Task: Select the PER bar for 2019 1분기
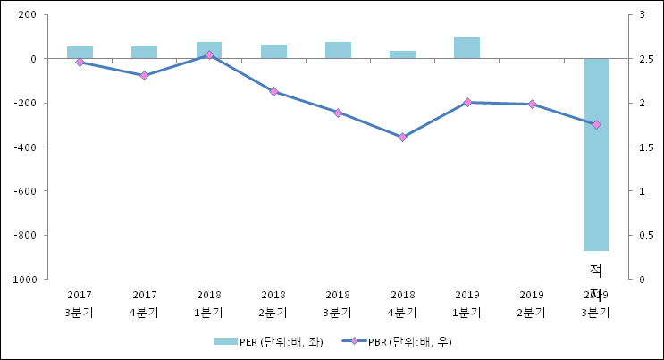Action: pyautogui.click(x=466, y=47)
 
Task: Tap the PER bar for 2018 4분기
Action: pyautogui.click(x=402, y=54)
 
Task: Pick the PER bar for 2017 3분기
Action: pyautogui.click(x=80, y=53)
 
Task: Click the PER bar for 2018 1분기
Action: pyautogui.click(x=209, y=50)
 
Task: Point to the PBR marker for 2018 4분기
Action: pyautogui.click(x=402, y=137)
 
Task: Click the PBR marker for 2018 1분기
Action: pyautogui.click(x=209, y=55)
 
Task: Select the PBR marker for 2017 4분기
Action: pyautogui.click(x=144, y=75)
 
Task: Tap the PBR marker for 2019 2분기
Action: pyautogui.click(x=532, y=105)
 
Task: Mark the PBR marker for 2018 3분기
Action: pyautogui.click(x=338, y=113)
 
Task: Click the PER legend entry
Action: pyautogui.click(x=267, y=341)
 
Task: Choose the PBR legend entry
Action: pyautogui.click(x=401, y=341)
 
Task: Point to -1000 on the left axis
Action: pyautogui.click(x=23, y=279)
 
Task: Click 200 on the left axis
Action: pyautogui.click(x=27, y=15)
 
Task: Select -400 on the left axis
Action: pyautogui.click(x=25, y=147)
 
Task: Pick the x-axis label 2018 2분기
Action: pyautogui.click(x=273, y=303)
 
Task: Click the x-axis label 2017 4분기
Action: pyautogui.click(x=144, y=303)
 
